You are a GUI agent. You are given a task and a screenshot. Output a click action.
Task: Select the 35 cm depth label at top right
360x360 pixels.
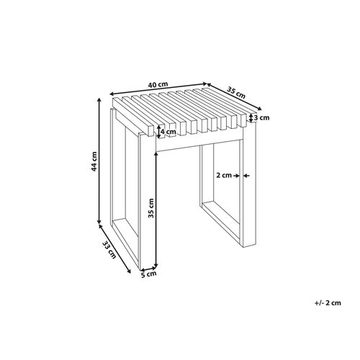(x=236, y=92)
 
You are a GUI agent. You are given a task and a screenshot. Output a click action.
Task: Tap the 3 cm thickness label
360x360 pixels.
(x=261, y=117)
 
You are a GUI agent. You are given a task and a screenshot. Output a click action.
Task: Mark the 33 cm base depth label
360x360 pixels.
(x=108, y=250)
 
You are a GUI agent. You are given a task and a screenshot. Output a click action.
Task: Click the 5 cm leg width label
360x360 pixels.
(x=148, y=274)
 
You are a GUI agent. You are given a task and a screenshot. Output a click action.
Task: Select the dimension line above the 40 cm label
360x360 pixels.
(x=158, y=91)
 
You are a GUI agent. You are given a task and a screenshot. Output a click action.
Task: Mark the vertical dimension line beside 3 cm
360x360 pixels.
(x=249, y=117)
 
